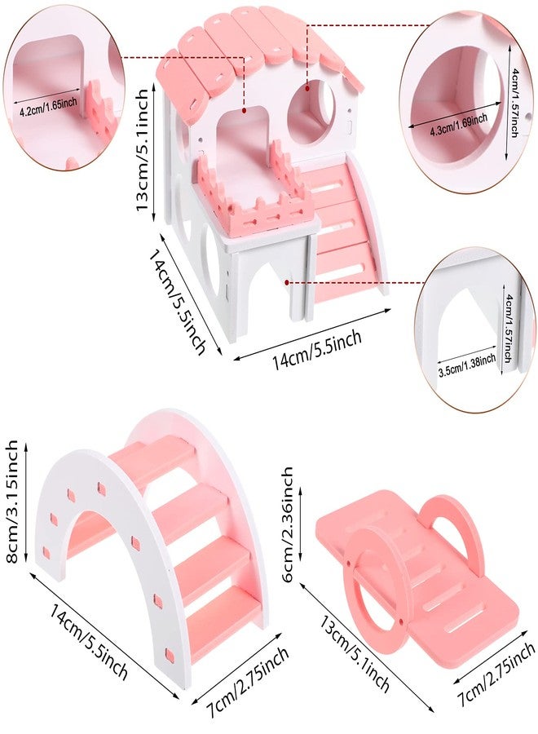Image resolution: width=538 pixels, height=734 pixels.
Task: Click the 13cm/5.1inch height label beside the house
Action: (x=143, y=150)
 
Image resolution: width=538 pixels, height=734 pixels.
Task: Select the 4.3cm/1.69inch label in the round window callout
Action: (x=459, y=125)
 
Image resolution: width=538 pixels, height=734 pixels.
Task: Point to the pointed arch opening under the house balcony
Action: (x=269, y=290)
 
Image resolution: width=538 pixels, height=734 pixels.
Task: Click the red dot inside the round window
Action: (x=307, y=87)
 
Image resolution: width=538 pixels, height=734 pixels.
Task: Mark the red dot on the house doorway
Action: (x=244, y=110)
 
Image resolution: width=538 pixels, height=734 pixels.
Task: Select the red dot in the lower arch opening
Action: (x=286, y=282)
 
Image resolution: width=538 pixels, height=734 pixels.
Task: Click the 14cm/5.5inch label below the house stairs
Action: (x=318, y=349)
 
